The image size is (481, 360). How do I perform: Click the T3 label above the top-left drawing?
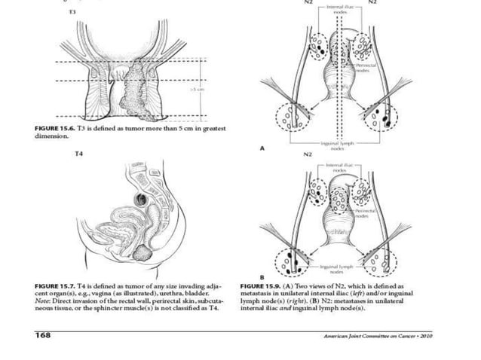(72, 14)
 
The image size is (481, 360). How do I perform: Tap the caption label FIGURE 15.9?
(259, 287)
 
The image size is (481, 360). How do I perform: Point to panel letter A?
(262, 148)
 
